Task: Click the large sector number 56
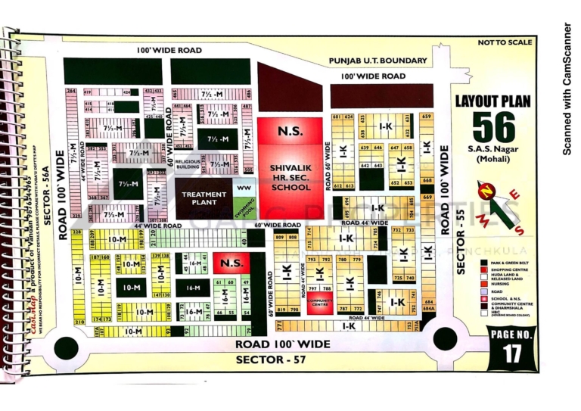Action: point(493,126)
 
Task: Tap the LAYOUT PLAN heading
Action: point(492,101)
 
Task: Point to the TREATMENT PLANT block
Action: point(204,198)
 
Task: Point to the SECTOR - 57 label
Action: point(270,360)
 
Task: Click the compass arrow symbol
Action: point(497,205)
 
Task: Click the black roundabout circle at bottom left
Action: point(67,347)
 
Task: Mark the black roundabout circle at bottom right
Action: point(444,338)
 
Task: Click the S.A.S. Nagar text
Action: point(493,150)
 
